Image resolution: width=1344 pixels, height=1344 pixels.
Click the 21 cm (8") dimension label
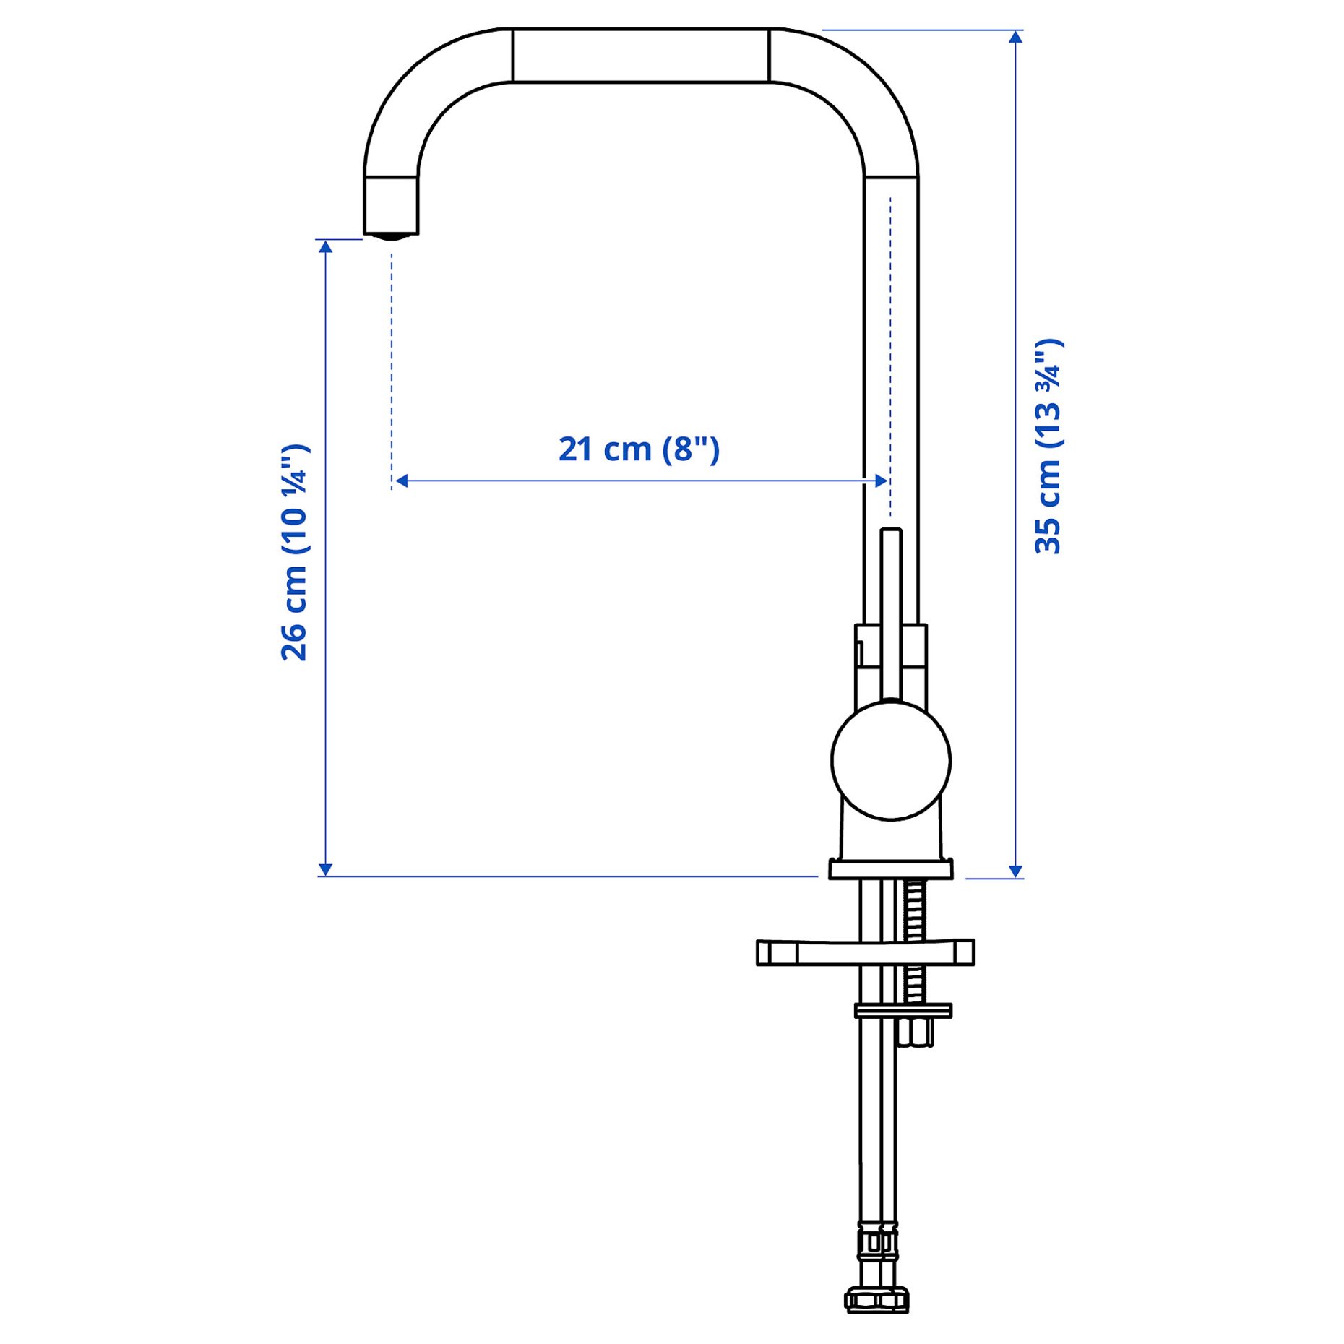pos(639,449)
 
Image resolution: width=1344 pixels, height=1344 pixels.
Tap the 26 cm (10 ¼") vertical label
pos(295,553)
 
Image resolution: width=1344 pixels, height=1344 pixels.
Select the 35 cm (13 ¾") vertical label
pos(1048,447)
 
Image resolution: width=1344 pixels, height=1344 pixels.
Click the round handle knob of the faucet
pos(890,759)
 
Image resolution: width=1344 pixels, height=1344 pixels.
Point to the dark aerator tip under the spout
pos(391,236)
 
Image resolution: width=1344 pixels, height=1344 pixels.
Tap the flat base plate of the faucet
pos(890,869)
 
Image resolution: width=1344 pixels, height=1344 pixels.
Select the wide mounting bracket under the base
pos(864,952)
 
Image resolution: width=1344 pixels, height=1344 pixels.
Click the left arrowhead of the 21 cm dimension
pos(402,481)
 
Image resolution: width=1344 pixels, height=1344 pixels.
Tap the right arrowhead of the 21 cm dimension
pos(881,481)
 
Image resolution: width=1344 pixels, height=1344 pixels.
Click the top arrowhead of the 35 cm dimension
pos(1015,38)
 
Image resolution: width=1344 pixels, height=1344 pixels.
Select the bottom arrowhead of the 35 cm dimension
pos(1015,871)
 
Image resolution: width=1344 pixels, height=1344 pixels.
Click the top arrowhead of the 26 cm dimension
pos(326,247)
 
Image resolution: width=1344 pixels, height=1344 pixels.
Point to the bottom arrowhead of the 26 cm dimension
pos(326,869)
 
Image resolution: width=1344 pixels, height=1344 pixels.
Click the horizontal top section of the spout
pos(640,56)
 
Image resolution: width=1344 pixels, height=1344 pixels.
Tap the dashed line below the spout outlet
pos(392,361)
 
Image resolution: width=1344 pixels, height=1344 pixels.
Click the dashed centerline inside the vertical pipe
pos(890,347)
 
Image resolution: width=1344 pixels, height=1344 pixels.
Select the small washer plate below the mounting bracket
pos(903,1010)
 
